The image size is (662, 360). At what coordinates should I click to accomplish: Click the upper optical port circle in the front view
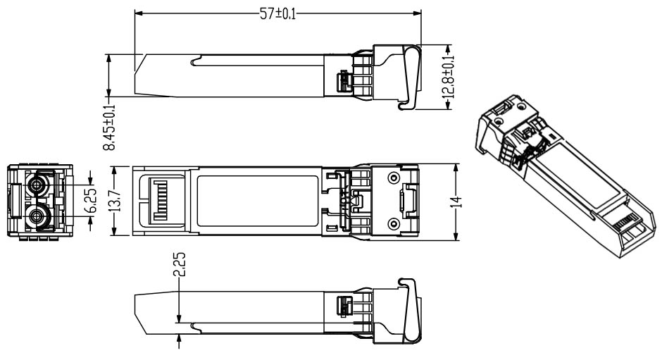pos(37,186)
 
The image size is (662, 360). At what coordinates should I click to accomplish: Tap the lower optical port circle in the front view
pos(37,215)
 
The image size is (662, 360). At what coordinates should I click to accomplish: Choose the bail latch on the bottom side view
pos(408,309)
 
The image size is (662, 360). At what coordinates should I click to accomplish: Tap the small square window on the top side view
pos(344,82)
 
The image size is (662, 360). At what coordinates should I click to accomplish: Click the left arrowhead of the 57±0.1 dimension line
pos(136,13)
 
